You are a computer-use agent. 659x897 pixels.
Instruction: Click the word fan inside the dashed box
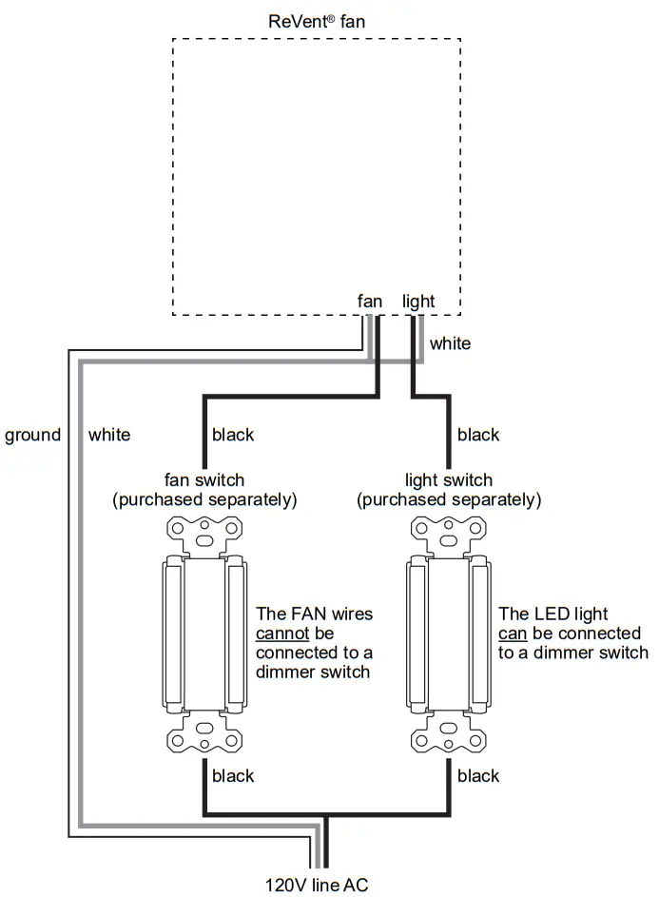click(370, 302)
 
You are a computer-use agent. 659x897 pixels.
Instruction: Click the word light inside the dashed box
click(418, 302)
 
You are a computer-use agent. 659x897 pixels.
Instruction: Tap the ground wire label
click(32, 435)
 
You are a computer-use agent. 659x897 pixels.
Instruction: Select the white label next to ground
click(109, 435)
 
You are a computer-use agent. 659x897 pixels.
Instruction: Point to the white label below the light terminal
click(450, 343)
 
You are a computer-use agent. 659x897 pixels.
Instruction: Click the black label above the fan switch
click(233, 435)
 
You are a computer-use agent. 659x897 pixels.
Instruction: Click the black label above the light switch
click(477, 435)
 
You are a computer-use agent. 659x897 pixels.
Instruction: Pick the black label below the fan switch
click(233, 776)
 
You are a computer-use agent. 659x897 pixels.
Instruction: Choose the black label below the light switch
click(477, 776)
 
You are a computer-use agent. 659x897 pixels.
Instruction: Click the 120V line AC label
click(317, 885)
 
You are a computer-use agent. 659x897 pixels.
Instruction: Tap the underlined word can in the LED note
click(514, 634)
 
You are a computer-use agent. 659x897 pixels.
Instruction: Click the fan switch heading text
click(204, 480)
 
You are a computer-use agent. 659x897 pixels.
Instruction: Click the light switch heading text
click(449, 480)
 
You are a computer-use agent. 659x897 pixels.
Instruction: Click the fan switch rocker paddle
click(204, 634)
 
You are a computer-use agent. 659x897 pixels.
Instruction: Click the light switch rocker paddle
click(449, 634)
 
